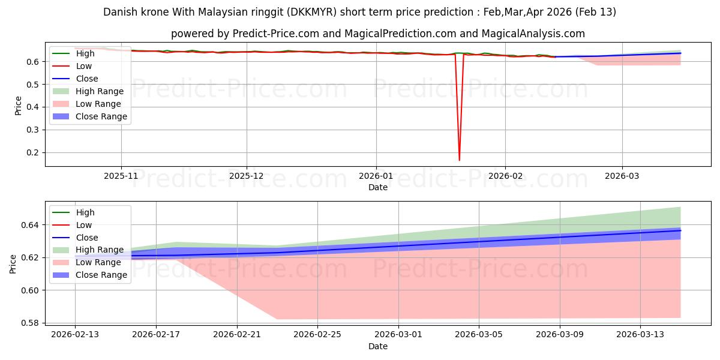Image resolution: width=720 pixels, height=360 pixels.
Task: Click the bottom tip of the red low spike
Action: point(460,160)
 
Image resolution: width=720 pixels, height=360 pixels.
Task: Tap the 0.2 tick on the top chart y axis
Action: point(34,152)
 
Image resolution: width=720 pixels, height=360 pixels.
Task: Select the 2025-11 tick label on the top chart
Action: point(121,176)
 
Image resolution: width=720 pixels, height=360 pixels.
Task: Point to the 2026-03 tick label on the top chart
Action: point(622,176)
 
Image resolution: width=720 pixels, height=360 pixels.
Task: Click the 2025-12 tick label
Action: point(247,176)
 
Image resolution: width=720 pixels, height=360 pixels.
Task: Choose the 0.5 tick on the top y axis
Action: point(34,84)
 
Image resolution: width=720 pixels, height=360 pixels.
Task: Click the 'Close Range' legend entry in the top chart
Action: point(101,116)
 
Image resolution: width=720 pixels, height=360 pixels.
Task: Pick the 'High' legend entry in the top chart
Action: point(85,53)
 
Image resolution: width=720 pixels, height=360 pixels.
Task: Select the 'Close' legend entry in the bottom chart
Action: point(87,238)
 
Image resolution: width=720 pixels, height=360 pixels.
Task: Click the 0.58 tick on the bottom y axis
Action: point(31,323)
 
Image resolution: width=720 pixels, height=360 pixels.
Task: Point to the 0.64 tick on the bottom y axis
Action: point(31,225)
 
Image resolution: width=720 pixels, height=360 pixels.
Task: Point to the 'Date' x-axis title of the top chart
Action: point(378,187)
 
